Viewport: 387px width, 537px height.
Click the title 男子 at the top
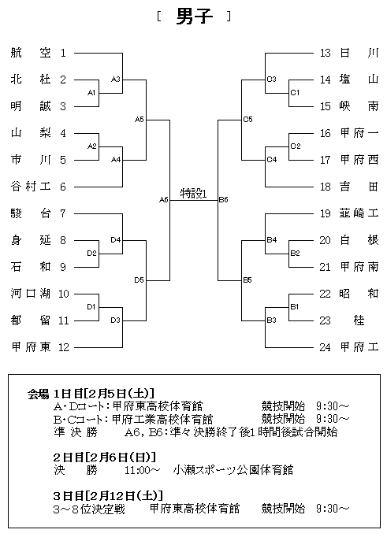click(195, 17)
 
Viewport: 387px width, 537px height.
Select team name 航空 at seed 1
click(31, 53)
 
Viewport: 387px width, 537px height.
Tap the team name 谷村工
click(31, 187)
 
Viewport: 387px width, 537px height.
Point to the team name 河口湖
click(31, 294)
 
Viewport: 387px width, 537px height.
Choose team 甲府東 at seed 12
click(31, 347)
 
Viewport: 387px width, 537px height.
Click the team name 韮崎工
click(359, 213)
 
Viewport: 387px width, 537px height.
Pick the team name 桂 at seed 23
click(359, 320)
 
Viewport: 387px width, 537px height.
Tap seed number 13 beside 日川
click(325, 53)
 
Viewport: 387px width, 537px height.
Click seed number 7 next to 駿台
click(63, 213)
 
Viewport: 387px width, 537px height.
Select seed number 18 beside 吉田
click(325, 187)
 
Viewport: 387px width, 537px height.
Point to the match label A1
click(91, 92)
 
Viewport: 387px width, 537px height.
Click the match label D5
click(139, 280)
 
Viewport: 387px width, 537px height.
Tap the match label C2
click(296, 146)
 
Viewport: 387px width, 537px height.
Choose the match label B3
click(271, 320)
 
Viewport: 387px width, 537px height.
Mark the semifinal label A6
click(164, 200)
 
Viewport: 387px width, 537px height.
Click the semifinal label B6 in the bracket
click(224, 200)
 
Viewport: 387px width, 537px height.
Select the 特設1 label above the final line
click(194, 194)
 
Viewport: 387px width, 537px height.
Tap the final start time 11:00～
click(142, 470)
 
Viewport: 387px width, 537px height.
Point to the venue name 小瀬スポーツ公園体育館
click(233, 470)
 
